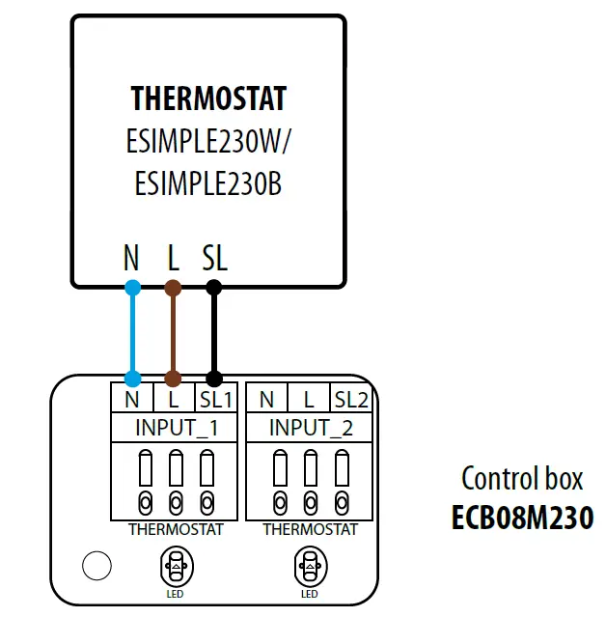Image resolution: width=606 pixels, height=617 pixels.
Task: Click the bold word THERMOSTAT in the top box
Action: [208, 98]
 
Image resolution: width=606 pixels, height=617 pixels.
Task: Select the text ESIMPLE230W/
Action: [208, 141]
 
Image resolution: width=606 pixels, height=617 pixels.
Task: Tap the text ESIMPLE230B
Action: [208, 183]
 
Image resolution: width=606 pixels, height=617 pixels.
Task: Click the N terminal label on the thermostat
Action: [132, 258]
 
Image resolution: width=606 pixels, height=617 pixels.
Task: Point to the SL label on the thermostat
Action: [214, 258]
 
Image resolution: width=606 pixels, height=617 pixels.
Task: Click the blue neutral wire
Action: [133, 333]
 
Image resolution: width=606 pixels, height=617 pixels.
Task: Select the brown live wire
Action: [174, 333]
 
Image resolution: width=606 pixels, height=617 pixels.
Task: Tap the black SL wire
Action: [214, 333]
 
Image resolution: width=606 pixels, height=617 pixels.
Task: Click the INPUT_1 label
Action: [176, 427]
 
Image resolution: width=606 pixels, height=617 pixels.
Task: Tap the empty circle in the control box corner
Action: [96, 566]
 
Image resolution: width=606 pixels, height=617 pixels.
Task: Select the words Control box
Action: [522, 479]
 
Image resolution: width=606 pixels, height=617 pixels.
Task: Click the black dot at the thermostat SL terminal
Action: [214, 287]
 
